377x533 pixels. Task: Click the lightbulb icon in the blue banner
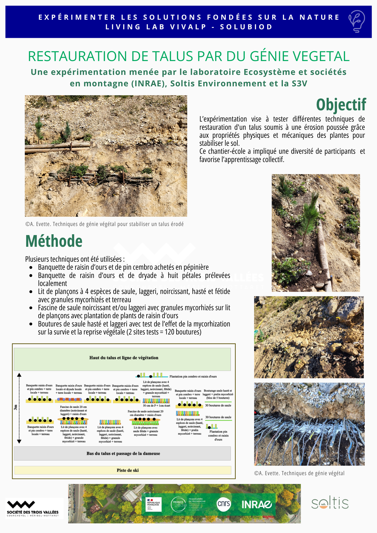[x=357, y=21]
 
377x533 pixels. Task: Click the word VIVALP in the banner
[x=188, y=27]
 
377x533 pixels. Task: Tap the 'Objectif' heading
[x=341, y=104]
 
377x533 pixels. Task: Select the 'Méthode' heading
[x=54, y=241]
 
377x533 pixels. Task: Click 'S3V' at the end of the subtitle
[x=299, y=84]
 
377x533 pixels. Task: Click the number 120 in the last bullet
[x=169, y=332]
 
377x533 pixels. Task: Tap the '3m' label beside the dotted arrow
[x=15, y=407]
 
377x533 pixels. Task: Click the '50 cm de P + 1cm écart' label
[x=157, y=406]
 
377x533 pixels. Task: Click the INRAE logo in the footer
[x=256, y=504]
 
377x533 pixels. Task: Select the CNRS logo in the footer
[x=223, y=504]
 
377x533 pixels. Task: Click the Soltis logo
[x=330, y=503]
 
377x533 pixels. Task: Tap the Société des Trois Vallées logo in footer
[x=33, y=508]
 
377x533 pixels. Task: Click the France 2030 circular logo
[x=179, y=504]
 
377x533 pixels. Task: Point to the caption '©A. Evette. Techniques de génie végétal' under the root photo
[x=299, y=473]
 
